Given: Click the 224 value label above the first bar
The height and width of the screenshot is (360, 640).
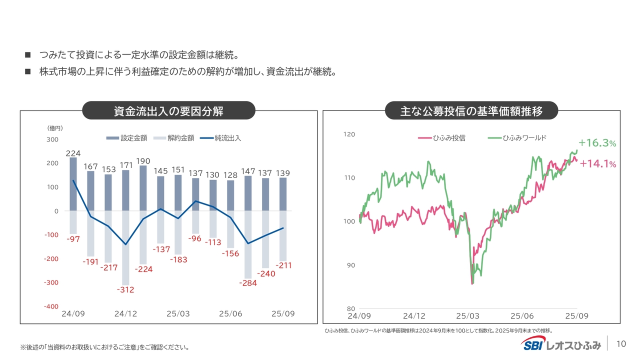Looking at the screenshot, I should click(73, 152).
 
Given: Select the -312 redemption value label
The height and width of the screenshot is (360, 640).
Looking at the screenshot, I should click(125, 289).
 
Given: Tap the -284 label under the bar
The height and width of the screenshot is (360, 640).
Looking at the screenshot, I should click(247, 282).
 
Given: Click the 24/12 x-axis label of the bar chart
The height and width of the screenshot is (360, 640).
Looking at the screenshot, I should click(125, 314).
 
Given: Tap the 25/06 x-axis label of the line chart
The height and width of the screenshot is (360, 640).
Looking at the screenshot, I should click(521, 316).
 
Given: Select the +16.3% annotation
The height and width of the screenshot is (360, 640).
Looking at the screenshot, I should click(597, 143).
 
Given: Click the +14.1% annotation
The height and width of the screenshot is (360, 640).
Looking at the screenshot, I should click(597, 164).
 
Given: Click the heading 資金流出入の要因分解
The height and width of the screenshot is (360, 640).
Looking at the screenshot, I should click(168, 110).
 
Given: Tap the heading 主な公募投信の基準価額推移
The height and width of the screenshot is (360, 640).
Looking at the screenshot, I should click(471, 110).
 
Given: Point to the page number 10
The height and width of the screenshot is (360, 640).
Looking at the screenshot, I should click(621, 344).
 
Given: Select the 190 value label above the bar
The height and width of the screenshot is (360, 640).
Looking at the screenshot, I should click(143, 160).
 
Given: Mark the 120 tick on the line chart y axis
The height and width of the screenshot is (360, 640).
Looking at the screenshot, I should click(349, 134).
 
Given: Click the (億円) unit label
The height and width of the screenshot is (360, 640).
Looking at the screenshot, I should click(55, 128).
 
